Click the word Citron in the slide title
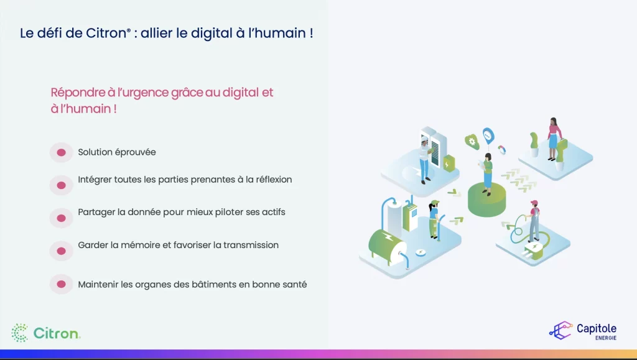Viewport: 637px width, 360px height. click(106, 33)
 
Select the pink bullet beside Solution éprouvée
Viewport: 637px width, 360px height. click(62, 152)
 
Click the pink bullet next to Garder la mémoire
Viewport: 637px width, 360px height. click(62, 251)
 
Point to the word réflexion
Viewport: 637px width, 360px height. click(274, 180)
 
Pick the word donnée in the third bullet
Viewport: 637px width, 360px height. click(144, 212)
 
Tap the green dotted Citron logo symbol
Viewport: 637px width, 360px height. click(19, 333)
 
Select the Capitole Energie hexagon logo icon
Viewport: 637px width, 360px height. click(560, 330)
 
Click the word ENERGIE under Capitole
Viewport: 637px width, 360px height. click(606, 338)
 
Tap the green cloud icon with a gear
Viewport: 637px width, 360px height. click(472, 142)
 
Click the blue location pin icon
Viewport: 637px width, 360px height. click(488, 136)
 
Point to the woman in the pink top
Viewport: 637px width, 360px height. click(553, 139)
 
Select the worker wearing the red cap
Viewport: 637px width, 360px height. click(534, 221)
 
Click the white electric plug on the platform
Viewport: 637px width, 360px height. click(534, 249)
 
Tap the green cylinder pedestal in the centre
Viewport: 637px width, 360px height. click(486, 200)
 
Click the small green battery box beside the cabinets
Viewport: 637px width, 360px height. click(449, 163)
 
